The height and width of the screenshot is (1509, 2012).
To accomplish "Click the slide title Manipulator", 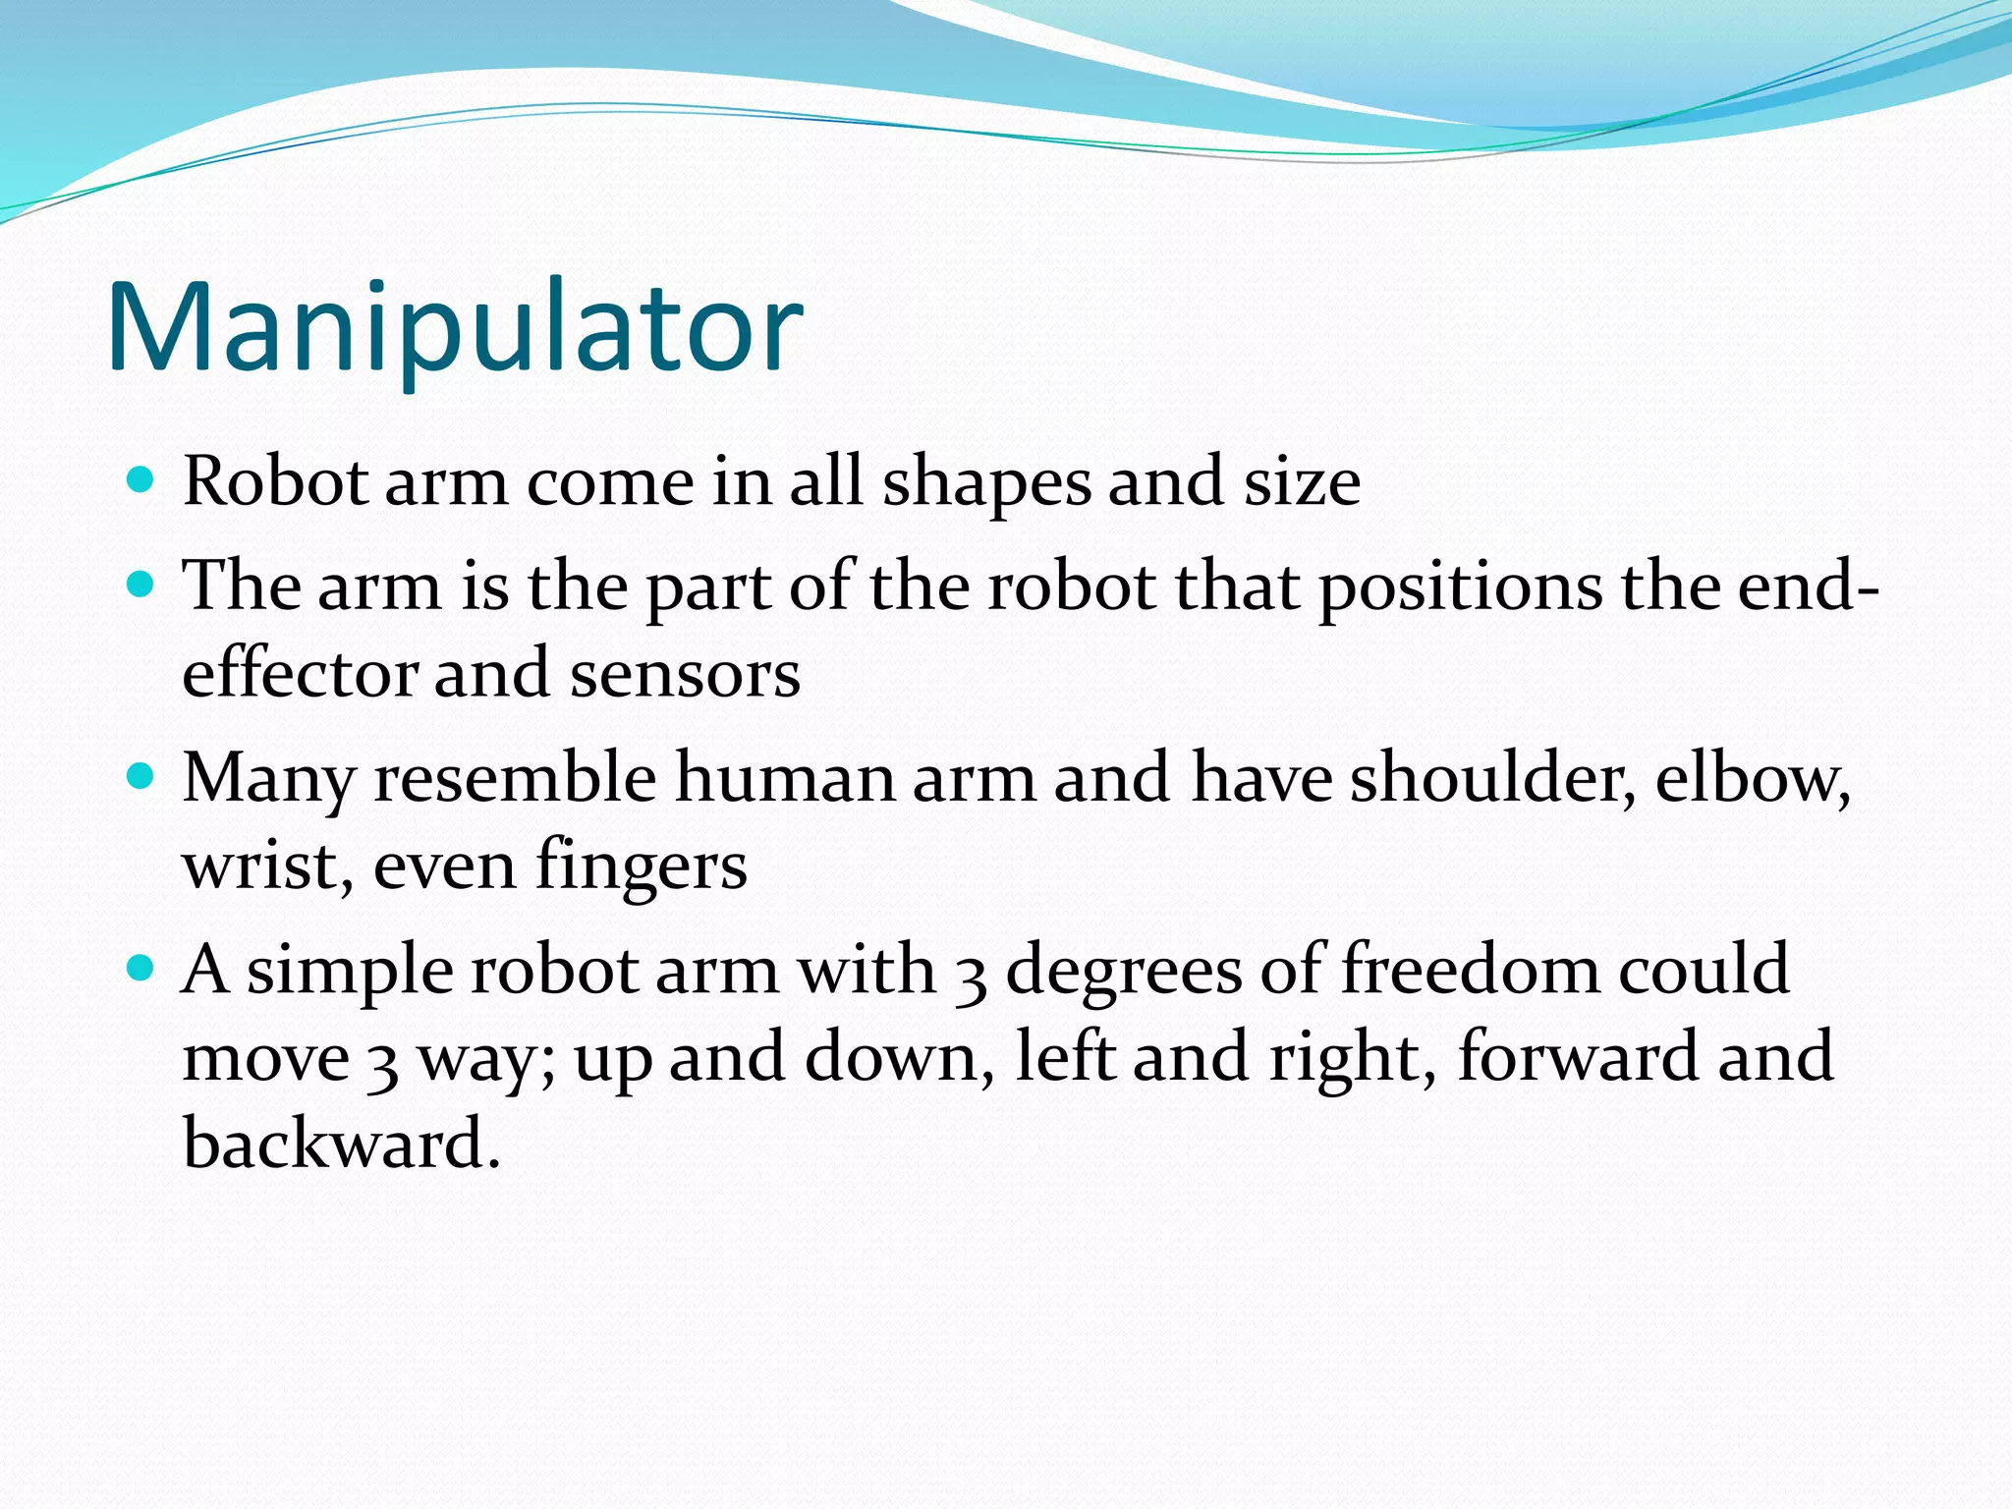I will [454, 327].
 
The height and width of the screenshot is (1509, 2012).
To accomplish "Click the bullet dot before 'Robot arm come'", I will [141, 480].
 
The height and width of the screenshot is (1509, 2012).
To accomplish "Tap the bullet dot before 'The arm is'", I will [141, 586].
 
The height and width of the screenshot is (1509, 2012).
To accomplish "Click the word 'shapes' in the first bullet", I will [985, 483].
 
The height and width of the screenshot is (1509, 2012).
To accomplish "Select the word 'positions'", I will [1459, 588].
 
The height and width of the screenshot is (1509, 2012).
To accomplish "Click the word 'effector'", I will [300, 674].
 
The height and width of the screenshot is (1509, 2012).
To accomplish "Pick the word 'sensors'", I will [685, 676].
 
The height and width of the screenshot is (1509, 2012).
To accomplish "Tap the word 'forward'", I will [1577, 1057].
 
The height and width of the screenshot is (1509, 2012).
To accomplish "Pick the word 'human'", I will [784, 778].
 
